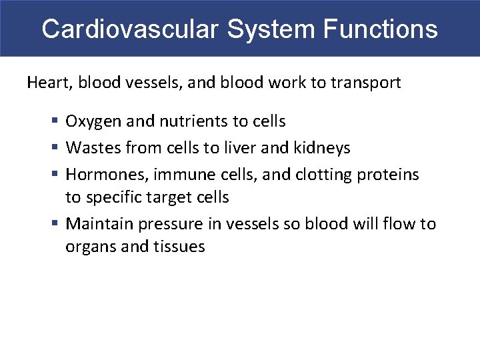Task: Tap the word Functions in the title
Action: coord(381,29)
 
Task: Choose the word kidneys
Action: coord(322,147)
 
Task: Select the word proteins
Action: coord(388,175)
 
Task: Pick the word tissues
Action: coord(180,247)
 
